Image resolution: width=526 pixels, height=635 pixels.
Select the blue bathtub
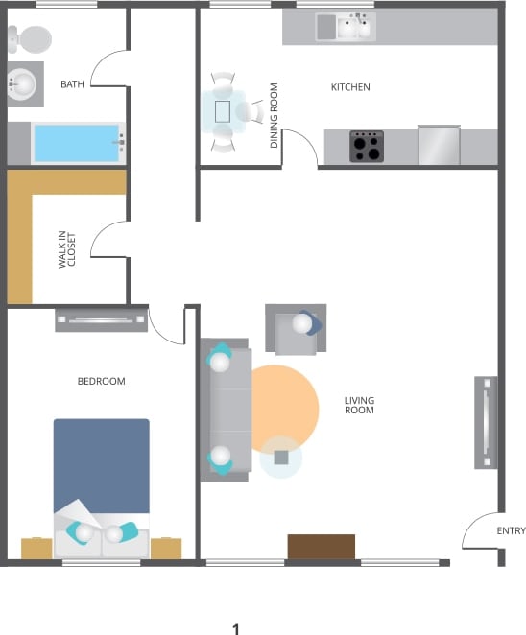coord(77,144)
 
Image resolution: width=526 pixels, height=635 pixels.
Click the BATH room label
coord(72,85)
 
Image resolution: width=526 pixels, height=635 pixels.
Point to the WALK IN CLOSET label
coord(66,248)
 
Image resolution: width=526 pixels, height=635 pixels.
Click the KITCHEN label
coord(350,87)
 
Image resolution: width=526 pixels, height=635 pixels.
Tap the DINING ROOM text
coord(275,115)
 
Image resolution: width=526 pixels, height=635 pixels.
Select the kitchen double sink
coord(346,28)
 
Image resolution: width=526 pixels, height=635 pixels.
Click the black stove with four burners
coord(366,147)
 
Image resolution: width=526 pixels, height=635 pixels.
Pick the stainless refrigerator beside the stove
coord(439,145)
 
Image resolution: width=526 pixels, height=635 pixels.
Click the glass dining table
coord(223,111)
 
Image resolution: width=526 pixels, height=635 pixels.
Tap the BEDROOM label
coord(101,382)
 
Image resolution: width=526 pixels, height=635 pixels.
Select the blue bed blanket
coord(101,465)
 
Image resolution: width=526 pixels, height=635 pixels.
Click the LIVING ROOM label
coord(360,405)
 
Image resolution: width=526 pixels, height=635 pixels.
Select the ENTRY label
coord(511,531)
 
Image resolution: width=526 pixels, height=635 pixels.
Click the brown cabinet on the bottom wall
coord(322,547)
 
